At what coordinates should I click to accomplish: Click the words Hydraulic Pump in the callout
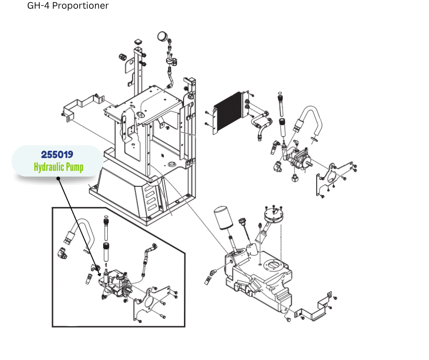coord(58,167)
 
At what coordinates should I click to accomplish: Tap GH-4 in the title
coord(38,6)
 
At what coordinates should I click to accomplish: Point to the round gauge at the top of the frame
coord(162,36)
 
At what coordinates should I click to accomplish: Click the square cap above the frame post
coord(138,42)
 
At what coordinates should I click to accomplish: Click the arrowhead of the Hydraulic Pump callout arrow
coord(99,276)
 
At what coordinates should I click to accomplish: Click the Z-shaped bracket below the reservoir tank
coord(314,310)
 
